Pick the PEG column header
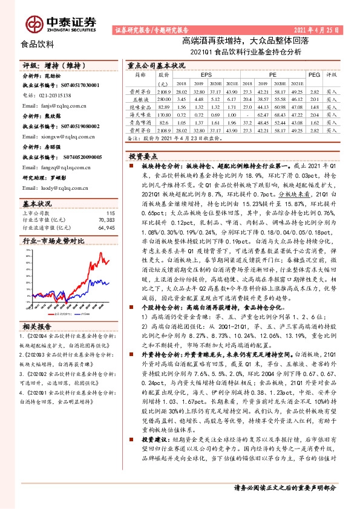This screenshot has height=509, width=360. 313,74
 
